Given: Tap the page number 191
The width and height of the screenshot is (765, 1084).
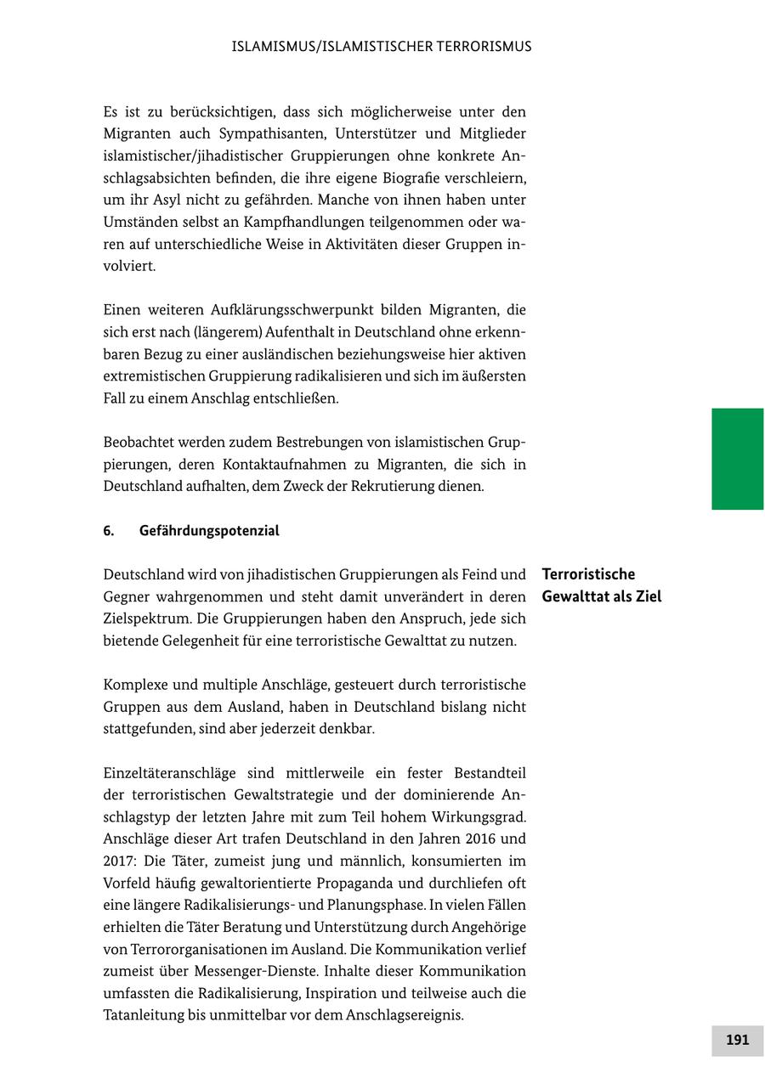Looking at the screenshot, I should [x=737, y=1040].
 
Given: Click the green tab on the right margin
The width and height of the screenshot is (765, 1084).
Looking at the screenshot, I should [x=737, y=459].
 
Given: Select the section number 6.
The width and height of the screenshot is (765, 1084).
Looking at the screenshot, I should [x=109, y=531].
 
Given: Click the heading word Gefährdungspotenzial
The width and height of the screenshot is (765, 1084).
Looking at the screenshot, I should [x=209, y=531].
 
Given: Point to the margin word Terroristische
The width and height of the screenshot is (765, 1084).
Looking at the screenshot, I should [x=588, y=574].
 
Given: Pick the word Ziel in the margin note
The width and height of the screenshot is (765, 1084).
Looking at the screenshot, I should [x=645, y=596].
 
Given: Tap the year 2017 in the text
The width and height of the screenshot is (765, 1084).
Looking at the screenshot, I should [x=117, y=861].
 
